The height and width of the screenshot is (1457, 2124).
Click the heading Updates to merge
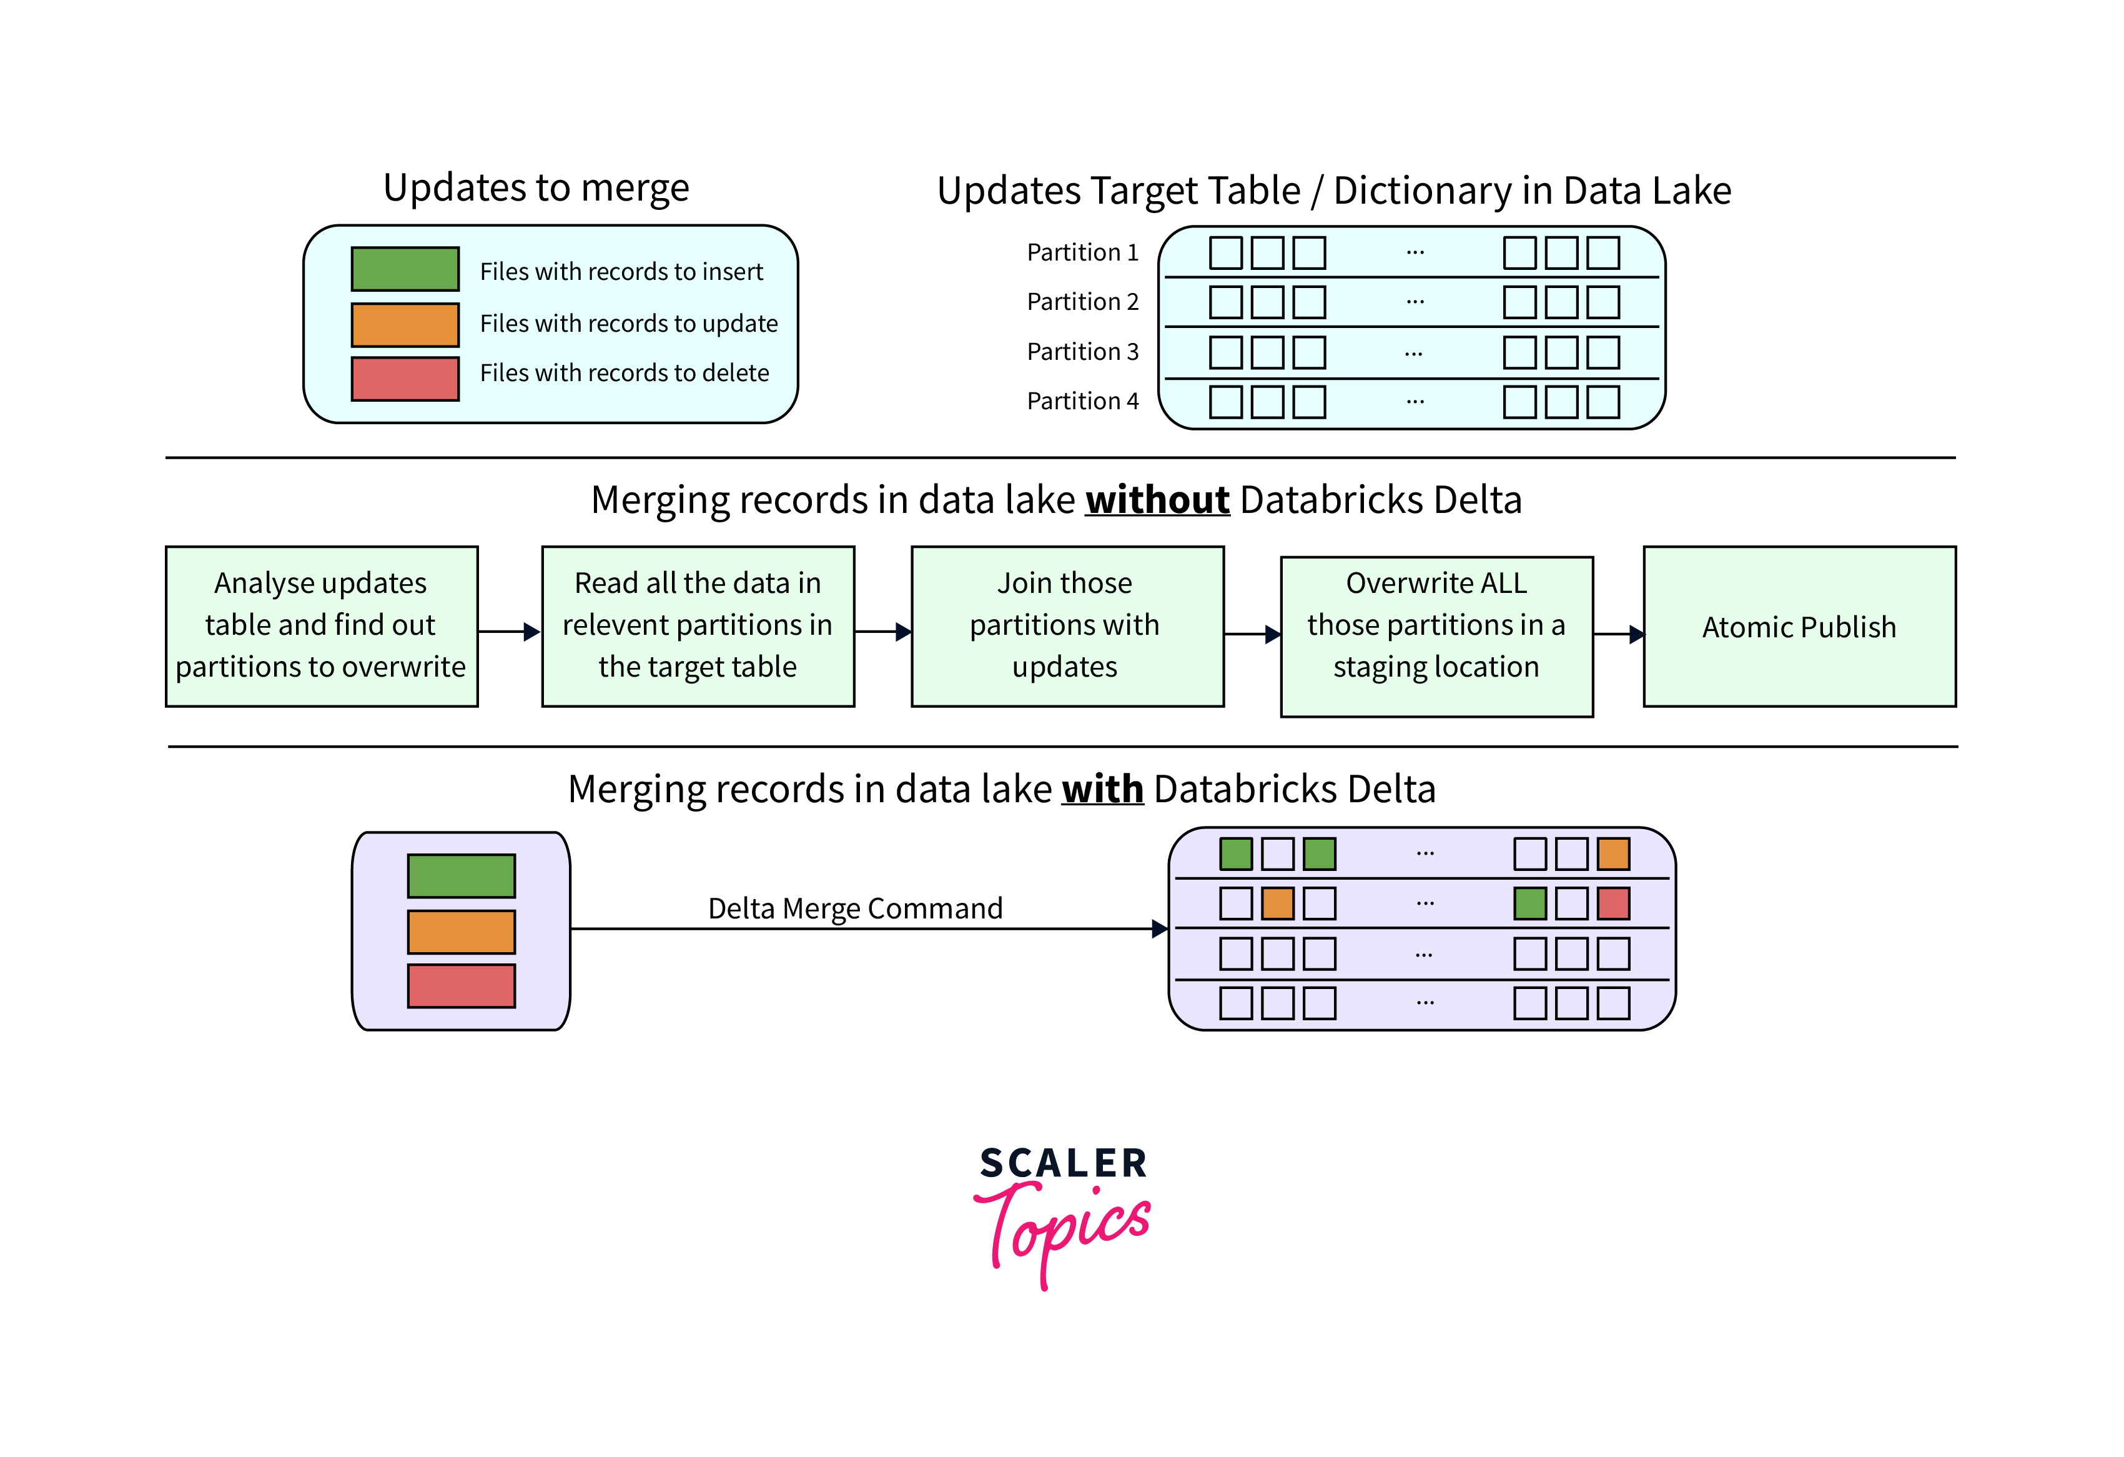tap(536, 187)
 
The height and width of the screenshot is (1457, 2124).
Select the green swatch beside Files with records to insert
tap(405, 269)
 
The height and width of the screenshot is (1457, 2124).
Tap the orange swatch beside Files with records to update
tap(405, 324)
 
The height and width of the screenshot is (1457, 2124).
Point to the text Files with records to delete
tap(625, 373)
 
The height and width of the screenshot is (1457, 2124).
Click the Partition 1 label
tap(1082, 252)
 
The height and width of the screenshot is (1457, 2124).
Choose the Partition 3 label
tap(1082, 352)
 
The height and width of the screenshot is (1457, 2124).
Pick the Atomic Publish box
tap(1799, 627)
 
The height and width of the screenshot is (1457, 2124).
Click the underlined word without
tap(1157, 500)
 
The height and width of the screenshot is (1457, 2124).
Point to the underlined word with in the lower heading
tap(1102, 789)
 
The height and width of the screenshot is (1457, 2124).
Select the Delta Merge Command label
tap(856, 908)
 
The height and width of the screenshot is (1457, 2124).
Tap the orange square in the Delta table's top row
tap(1613, 853)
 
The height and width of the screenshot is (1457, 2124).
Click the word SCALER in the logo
tap(1063, 1163)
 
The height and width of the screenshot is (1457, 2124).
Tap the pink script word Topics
tap(1065, 1230)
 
